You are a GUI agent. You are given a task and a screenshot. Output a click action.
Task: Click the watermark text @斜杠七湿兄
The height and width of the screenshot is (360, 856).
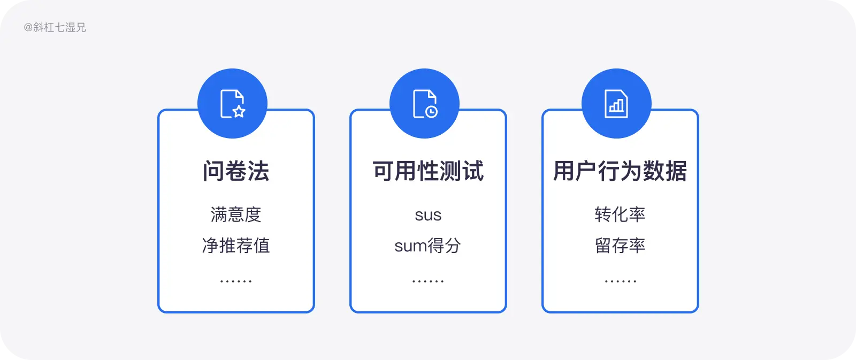[x=55, y=27]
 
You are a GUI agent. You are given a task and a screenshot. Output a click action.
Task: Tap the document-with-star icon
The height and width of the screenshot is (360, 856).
[x=232, y=104]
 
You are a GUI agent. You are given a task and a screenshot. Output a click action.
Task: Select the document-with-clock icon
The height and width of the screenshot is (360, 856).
[x=425, y=104]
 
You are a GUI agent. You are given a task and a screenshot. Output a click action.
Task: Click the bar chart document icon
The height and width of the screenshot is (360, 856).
[x=616, y=104]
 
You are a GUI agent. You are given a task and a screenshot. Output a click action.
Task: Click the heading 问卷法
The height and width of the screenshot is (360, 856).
[x=236, y=171]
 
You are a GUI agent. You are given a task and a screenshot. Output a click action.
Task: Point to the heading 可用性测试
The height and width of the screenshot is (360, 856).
[x=428, y=171]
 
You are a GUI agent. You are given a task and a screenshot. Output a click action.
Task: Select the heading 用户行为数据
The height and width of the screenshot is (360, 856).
[x=620, y=171]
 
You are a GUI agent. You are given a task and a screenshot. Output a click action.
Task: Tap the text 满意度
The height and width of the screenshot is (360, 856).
[x=236, y=215]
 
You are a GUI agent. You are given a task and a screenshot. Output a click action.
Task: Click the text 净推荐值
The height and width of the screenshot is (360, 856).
[x=236, y=246]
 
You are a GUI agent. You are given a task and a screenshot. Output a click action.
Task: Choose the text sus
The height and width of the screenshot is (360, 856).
[x=428, y=215]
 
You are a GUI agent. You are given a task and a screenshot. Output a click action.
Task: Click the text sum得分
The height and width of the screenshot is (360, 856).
[x=428, y=246]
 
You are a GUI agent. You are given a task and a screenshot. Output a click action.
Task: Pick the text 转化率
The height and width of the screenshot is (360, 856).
[x=620, y=215]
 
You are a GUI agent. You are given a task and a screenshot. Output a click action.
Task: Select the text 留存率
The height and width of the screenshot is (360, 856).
[x=620, y=246]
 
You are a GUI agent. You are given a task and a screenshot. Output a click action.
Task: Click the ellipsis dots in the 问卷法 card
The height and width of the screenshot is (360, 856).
[x=236, y=281]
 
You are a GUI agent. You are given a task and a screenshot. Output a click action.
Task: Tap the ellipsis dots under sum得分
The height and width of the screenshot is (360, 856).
[x=428, y=281]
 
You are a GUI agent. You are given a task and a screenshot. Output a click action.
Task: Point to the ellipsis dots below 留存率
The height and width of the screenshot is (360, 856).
[x=620, y=281]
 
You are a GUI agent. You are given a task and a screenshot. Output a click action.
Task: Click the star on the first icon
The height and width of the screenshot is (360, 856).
[x=239, y=111]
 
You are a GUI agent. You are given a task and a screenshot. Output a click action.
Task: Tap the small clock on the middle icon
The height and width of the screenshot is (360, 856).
[x=431, y=112]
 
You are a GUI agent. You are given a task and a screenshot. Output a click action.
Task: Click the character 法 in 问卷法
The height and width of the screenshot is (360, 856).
[x=258, y=171]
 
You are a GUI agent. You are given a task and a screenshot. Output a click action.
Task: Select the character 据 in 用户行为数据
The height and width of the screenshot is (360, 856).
[x=676, y=171]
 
